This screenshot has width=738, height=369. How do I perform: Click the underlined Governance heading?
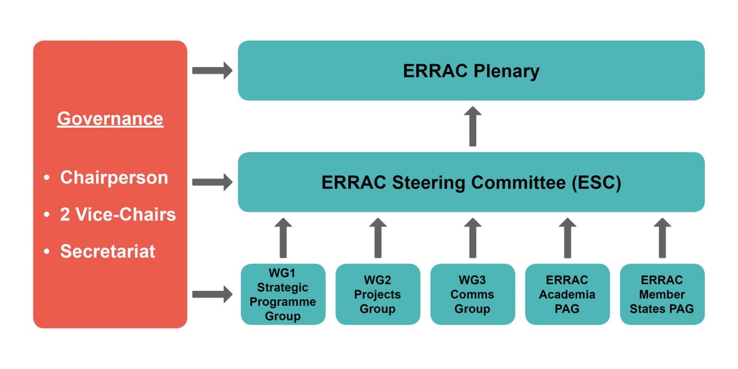pos(110,119)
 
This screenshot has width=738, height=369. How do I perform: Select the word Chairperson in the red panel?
pos(114,178)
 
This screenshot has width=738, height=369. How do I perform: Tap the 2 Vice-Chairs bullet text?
pos(118,214)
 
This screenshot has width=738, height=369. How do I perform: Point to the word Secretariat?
pos(108,251)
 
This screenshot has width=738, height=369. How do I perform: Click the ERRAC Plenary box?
pos(471,71)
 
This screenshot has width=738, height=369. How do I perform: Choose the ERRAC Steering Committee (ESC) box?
pos(471,182)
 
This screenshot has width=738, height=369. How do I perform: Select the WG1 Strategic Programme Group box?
pos(283,294)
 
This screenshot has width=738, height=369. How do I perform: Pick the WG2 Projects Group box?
pos(378,294)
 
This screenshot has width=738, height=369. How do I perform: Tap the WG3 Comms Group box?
pos(472,294)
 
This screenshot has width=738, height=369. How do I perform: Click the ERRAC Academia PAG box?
pos(567,294)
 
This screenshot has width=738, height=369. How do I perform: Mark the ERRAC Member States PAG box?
pos(662,294)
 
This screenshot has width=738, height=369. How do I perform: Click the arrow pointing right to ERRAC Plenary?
pos(213,71)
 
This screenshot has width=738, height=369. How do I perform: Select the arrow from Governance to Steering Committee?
pos(213,182)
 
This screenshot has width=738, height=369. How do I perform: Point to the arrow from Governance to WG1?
pos(213,294)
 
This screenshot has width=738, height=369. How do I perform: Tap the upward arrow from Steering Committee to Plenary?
pos(473,126)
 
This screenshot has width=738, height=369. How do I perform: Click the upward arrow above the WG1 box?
pos(283,238)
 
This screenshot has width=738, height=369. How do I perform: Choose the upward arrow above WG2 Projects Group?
pos(378,238)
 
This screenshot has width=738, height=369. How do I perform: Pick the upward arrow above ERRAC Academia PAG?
pos(567,238)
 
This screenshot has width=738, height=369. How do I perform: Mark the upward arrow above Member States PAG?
pos(662,238)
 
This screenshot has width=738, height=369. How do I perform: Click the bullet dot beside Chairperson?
pos(47,178)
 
